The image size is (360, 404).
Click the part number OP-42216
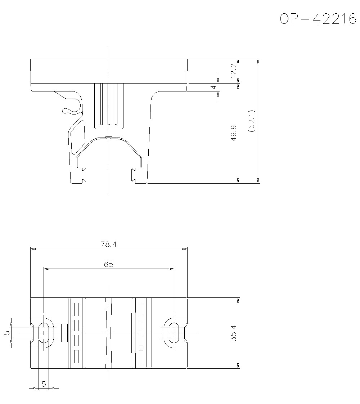click(x=318, y=19)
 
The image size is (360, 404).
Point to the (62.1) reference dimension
click(x=251, y=121)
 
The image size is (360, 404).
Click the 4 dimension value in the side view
click(x=213, y=87)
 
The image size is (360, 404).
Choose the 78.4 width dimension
click(x=108, y=244)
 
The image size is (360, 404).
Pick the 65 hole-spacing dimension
click(x=108, y=264)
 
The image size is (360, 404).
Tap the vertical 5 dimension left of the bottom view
click(x=7, y=333)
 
